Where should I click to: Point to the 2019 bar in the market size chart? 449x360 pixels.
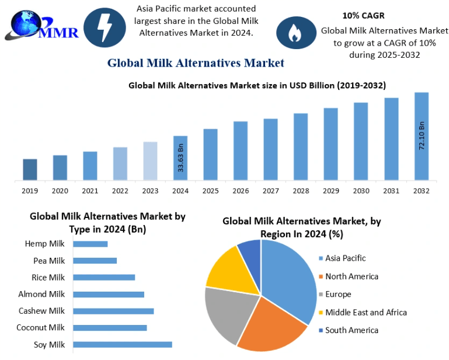[30, 169]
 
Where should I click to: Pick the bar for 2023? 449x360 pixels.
[150, 161]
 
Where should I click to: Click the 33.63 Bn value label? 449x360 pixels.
[180, 157]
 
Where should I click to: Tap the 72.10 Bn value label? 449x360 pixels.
[422, 136]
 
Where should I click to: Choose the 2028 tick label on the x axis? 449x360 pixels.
[301, 191]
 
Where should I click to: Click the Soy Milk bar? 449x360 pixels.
[123, 344]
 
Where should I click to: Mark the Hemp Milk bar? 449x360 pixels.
[91, 244]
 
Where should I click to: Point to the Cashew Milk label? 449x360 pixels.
[41, 311]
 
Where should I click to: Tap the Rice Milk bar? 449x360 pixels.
[104, 277]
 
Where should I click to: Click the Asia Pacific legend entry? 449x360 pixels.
[345, 258]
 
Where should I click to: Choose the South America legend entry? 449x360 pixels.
[351, 330]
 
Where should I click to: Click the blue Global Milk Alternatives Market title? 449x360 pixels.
[196, 63]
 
